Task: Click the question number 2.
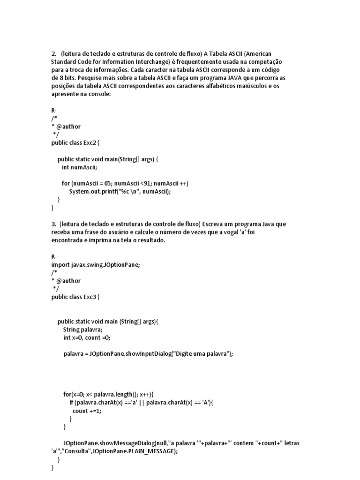pyautogui.click(x=53, y=53)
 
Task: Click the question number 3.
pyautogui.click(x=53, y=224)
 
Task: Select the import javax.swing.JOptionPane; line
pyautogui.click(x=96, y=264)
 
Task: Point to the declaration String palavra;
pyautogui.click(x=83, y=330)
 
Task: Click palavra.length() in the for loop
pyautogui.click(x=121, y=394)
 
